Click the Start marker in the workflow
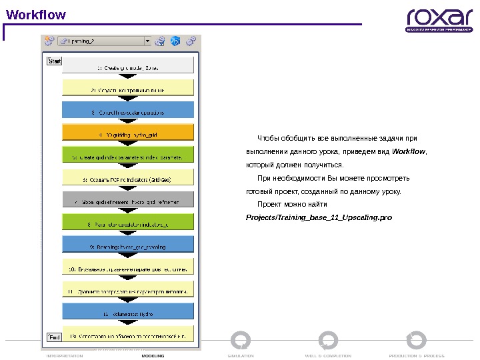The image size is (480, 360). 55,61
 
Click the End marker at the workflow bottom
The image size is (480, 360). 54,337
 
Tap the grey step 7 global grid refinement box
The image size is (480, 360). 128,201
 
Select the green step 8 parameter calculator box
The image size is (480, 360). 128,224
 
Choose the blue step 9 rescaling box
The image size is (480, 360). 128,247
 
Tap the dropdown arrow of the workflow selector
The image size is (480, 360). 147,41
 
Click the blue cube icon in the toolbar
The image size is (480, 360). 175,41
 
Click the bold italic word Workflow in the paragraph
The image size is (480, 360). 409,152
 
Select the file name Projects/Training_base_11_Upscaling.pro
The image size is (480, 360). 319,217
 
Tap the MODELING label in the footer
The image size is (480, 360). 153,356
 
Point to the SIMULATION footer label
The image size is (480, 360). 241,356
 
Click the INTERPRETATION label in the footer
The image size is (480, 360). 65,356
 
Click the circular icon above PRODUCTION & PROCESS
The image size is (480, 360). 417,339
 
